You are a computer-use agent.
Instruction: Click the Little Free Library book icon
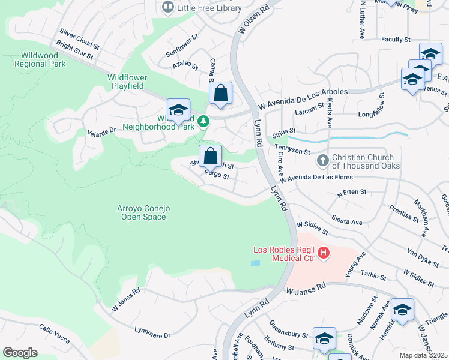167,8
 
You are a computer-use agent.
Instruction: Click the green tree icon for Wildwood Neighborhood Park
203,122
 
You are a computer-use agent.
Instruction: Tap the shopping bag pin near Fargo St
210,157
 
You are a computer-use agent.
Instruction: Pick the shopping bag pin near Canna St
220,94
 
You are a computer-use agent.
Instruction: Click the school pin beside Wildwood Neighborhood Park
178,110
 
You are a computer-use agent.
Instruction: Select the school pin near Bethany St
324,340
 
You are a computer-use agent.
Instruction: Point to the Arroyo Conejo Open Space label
144,212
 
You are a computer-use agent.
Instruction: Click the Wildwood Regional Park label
40,59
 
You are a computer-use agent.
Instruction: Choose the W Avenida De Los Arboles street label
303,92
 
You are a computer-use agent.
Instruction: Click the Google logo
20,353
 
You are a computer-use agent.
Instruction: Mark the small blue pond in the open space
256,263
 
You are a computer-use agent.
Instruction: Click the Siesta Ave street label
349,221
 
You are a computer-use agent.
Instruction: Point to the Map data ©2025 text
424,355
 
